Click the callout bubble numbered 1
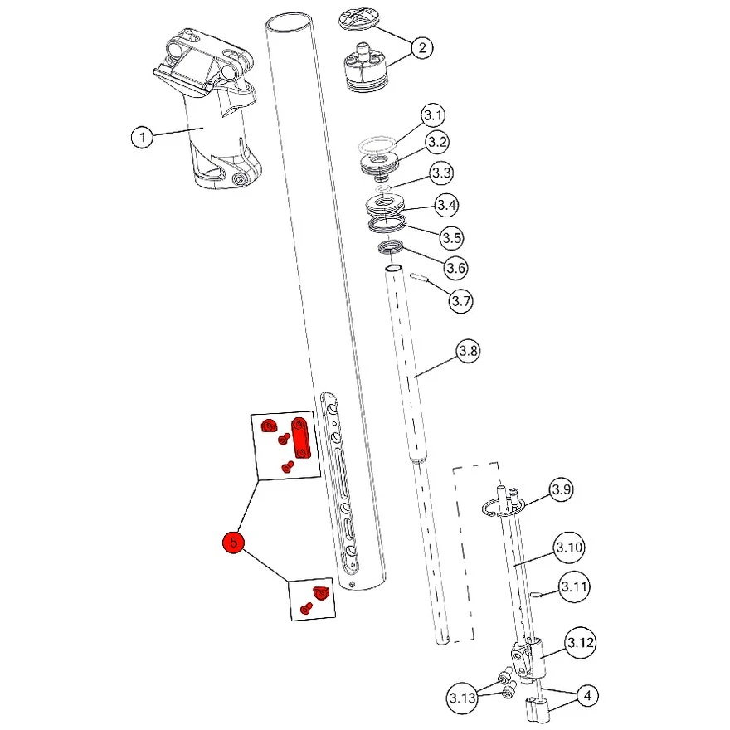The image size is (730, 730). point(143,136)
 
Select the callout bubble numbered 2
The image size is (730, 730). point(421,47)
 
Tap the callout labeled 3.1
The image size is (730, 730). point(433,114)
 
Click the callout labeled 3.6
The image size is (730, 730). point(456,268)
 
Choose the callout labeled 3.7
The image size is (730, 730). point(461,301)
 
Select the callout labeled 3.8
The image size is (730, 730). point(469,351)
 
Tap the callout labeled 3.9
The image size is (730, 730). point(562,489)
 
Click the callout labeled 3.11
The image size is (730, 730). point(574,587)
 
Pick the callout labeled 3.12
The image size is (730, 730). point(581,643)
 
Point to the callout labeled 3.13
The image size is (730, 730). point(463,697)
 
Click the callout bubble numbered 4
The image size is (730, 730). point(587,695)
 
